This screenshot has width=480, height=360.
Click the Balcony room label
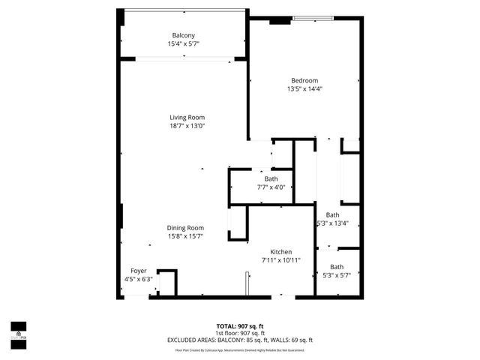[183, 35]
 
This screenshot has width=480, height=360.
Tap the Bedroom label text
[304, 80]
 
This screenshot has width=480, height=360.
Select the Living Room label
[187, 117]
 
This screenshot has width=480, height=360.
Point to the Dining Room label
[185, 228]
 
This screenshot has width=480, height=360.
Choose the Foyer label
[139, 271]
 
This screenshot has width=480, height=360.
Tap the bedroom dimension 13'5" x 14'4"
[304, 89]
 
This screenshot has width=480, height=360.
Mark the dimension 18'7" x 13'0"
[187, 126]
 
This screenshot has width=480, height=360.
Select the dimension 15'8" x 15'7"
[185, 236]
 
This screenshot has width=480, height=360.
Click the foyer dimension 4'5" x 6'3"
[139, 279]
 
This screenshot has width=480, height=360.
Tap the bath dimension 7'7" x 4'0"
[271, 187]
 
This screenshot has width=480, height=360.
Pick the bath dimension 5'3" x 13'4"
[332, 223]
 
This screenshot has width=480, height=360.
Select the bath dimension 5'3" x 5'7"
[337, 275]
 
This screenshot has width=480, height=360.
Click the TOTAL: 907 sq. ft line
[239, 325]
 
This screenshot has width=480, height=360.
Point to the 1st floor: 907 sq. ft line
[239, 332]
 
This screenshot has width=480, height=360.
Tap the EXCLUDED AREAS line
[239, 340]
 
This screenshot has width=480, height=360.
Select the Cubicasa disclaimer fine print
[239, 349]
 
